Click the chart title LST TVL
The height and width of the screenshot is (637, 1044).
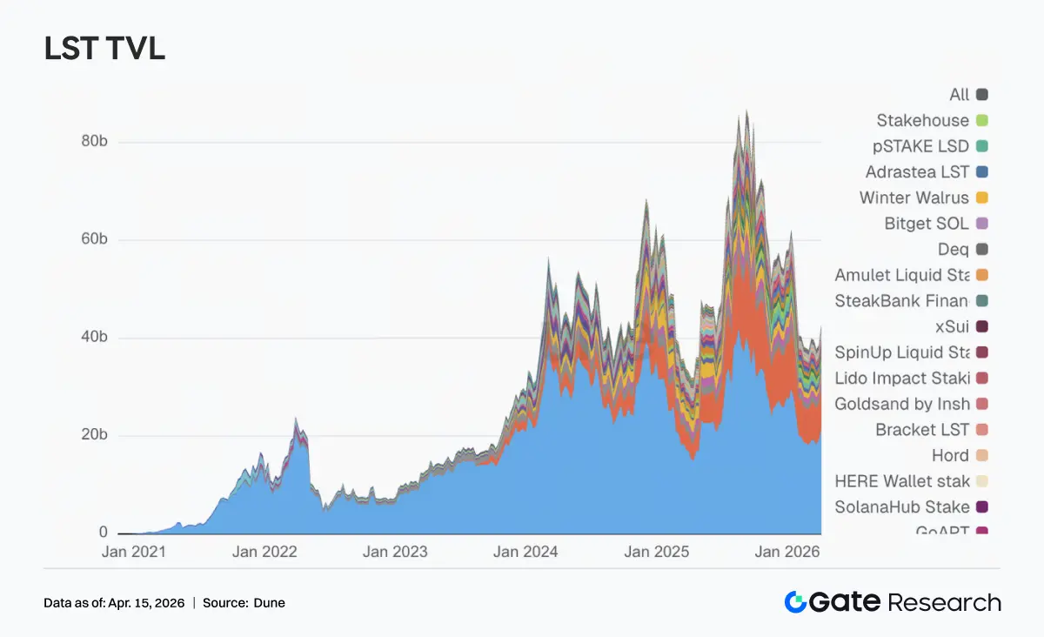[x=104, y=50]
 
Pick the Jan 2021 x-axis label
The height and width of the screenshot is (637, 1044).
[x=134, y=552]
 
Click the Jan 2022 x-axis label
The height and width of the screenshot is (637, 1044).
[x=265, y=552]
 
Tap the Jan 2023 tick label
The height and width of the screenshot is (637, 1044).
[x=395, y=552]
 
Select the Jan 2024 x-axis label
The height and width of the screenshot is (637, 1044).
[x=525, y=552]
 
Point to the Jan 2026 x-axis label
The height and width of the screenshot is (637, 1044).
[x=786, y=552]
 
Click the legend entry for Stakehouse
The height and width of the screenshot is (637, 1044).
[x=922, y=120]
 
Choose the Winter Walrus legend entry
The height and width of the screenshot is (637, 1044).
[x=913, y=198]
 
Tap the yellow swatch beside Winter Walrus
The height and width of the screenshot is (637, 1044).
[x=981, y=198]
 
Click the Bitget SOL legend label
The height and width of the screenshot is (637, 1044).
[x=926, y=224]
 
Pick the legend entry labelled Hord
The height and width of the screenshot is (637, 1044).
[x=949, y=455]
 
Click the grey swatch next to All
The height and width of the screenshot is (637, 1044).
[x=981, y=95]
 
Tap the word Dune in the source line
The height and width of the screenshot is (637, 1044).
[x=269, y=602]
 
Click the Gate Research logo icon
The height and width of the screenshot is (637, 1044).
[x=795, y=602]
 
